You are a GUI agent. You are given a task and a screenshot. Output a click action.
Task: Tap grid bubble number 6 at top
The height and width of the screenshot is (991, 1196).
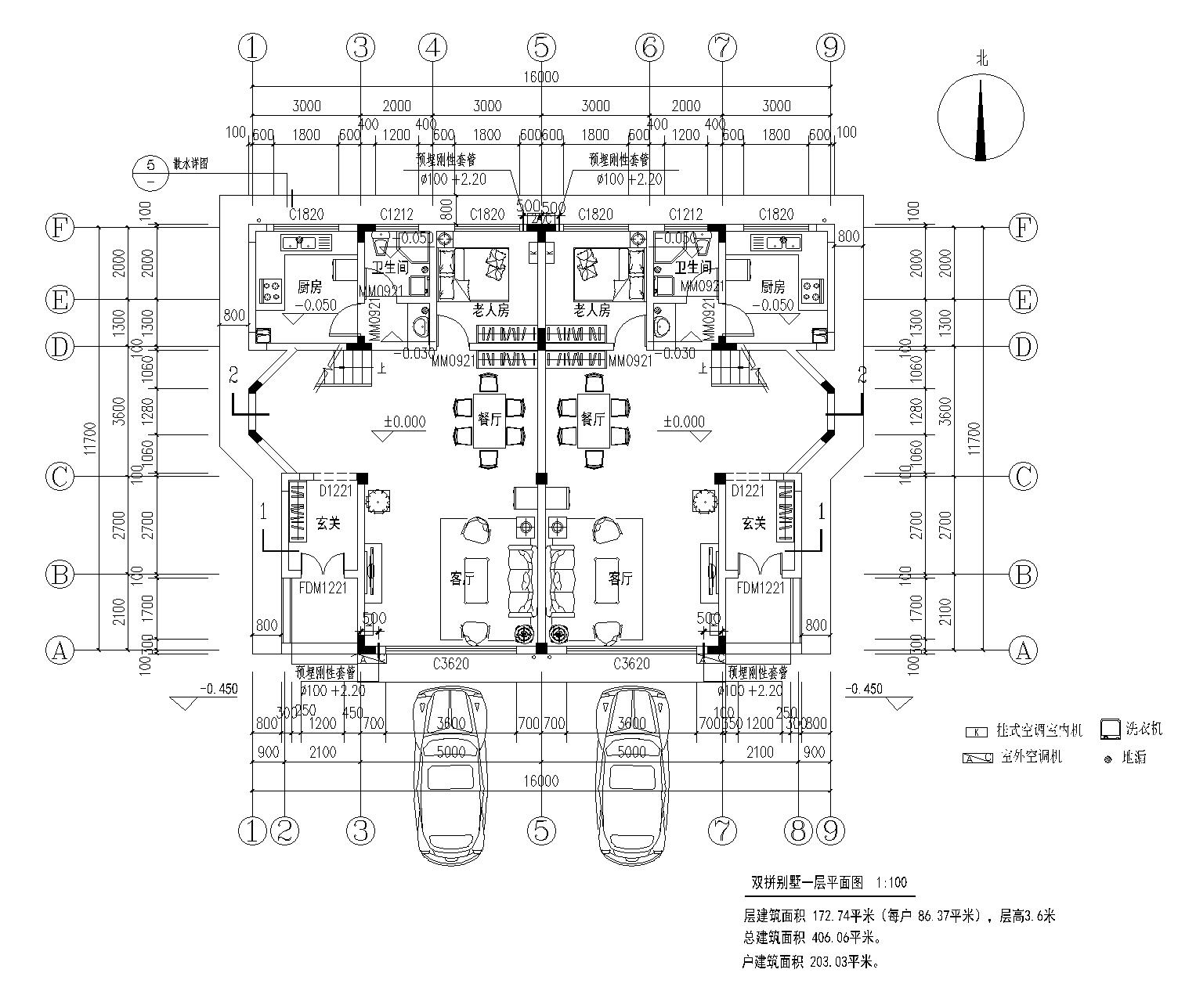click(649, 49)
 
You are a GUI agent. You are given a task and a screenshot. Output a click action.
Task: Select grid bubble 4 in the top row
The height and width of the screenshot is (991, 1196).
click(432, 49)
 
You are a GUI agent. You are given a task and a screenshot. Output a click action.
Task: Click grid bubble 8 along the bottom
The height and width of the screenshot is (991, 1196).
click(798, 830)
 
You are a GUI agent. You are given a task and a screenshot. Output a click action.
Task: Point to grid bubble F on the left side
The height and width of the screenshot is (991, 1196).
click(60, 229)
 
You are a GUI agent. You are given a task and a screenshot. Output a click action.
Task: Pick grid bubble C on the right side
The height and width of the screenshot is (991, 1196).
click(1023, 476)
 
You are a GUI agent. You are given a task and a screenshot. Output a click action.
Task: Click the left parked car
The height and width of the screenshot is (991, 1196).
click(450, 771)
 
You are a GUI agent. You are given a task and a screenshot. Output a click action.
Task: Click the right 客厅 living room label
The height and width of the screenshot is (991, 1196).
click(620, 578)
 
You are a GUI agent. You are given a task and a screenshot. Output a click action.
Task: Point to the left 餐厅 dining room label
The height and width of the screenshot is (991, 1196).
click(489, 420)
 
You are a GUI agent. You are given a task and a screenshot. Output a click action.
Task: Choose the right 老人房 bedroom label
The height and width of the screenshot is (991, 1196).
click(592, 311)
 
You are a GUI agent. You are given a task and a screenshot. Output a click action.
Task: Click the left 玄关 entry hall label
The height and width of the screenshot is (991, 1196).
click(328, 524)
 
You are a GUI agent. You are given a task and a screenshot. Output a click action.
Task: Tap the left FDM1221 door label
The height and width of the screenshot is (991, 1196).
click(323, 587)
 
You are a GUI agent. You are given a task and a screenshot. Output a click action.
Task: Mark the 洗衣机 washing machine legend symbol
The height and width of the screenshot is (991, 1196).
click(1109, 729)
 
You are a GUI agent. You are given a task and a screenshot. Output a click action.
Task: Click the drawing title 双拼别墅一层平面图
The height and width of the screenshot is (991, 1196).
click(806, 882)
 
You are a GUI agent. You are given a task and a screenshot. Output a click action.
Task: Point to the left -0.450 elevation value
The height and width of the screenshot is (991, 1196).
click(218, 689)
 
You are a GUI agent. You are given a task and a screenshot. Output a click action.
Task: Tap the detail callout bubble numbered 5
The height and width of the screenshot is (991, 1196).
click(150, 172)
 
